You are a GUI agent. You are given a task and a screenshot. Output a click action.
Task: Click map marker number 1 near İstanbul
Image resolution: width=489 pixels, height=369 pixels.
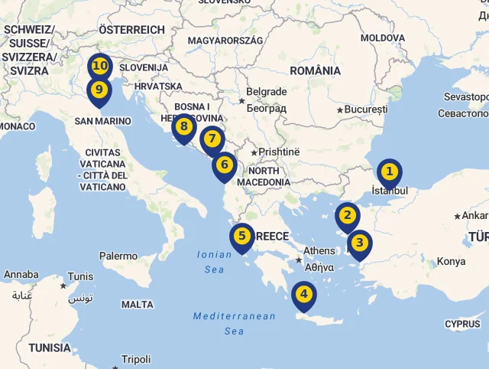[390, 172]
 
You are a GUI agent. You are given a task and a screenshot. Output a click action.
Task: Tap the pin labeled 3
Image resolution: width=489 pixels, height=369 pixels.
[359, 244]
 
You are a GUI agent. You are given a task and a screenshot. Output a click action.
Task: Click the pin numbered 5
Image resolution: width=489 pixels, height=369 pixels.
[241, 237]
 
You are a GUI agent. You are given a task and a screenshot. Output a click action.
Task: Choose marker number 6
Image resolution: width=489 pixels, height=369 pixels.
[225, 165]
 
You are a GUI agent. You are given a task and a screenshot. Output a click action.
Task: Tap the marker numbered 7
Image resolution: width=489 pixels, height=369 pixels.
[212, 140]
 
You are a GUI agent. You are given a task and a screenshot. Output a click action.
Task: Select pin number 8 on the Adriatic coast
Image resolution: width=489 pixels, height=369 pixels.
[183, 127]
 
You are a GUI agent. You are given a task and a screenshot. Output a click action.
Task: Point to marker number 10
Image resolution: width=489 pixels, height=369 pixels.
[99, 67]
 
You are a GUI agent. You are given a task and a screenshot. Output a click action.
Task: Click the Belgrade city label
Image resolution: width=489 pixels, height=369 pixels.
[267, 92]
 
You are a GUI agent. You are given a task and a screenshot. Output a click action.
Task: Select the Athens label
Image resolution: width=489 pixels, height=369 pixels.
[319, 250]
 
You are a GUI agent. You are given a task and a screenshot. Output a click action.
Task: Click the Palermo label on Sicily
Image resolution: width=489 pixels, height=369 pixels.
[118, 256]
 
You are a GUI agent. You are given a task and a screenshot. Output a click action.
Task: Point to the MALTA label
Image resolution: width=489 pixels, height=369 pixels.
[138, 305]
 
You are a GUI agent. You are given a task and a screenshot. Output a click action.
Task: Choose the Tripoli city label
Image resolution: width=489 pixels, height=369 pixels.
[136, 359]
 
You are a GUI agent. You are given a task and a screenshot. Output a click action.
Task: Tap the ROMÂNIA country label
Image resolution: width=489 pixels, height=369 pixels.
[316, 70]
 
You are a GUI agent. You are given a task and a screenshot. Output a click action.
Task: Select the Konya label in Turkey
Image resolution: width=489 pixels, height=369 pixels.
[451, 262]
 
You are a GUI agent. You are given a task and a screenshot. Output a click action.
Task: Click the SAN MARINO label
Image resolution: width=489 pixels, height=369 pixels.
[103, 121]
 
